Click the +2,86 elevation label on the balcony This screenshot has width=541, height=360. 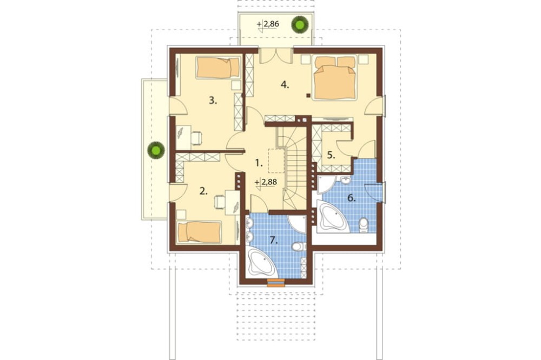coord(268,24)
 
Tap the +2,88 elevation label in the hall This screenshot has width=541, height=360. coord(266,182)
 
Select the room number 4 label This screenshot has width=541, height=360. coord(285,84)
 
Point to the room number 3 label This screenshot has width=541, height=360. coord(213,101)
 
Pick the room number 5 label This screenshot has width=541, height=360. coord(331,155)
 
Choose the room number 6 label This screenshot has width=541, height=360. coord(351,198)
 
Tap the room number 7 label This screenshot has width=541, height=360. coord(274,241)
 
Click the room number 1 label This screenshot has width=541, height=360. coord(259,162)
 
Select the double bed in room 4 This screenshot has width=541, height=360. coord(335,78)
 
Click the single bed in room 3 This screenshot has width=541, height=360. coord(217,68)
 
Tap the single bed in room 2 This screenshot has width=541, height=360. coord(199,232)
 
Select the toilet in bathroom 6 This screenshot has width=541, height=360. coord(364,225)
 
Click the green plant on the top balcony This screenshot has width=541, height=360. coord(299,24)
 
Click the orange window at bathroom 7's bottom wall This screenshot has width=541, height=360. coord(276,283)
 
